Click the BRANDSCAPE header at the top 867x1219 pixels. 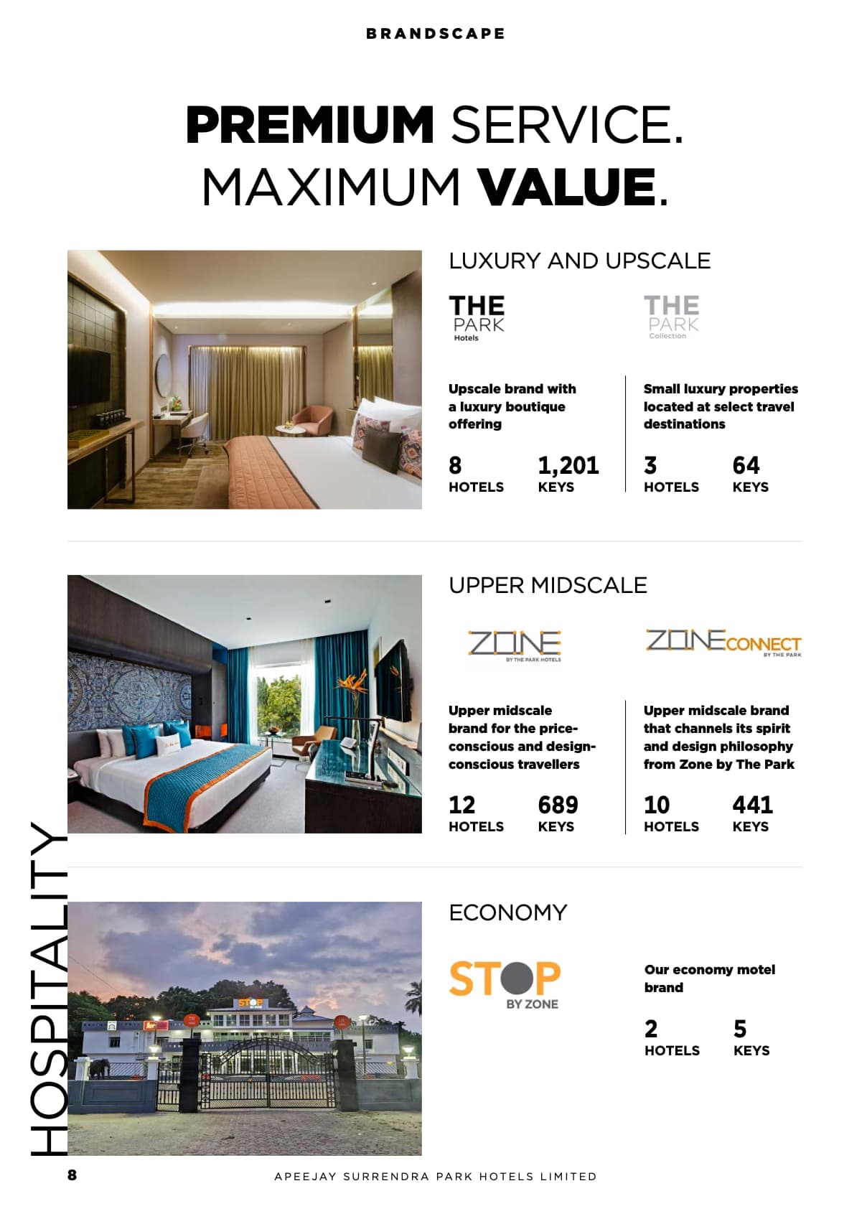[x=435, y=34]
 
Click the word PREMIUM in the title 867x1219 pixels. [x=309, y=125]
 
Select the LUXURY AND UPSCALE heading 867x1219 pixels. [x=579, y=261]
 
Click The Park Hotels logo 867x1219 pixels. [x=477, y=317]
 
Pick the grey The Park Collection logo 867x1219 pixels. [x=671, y=317]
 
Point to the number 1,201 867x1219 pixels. [x=568, y=465]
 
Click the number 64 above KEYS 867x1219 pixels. [x=746, y=465]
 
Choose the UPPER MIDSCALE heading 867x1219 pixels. [x=548, y=585]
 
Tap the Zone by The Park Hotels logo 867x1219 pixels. [x=515, y=645]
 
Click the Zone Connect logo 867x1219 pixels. [x=723, y=642]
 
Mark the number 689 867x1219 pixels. [x=558, y=805]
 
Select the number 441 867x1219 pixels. [x=752, y=805]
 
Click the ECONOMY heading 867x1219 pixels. [x=507, y=912]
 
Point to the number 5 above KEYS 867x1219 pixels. [x=740, y=1029]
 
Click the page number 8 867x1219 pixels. [x=72, y=1175]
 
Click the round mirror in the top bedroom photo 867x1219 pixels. [x=164, y=373]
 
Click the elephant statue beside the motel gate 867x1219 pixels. [x=98, y=1068]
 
